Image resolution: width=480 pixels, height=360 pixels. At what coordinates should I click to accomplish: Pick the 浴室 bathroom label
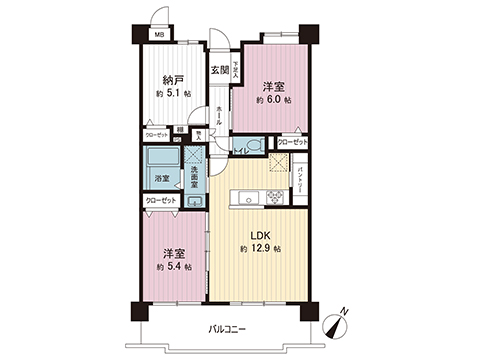(x=161, y=180)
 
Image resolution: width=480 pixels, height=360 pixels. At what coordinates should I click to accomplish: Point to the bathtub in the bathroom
(x=160, y=160)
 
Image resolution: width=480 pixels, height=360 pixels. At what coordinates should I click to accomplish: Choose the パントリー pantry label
(x=301, y=182)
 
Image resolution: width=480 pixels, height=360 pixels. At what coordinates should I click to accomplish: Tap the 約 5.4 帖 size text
(x=172, y=268)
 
